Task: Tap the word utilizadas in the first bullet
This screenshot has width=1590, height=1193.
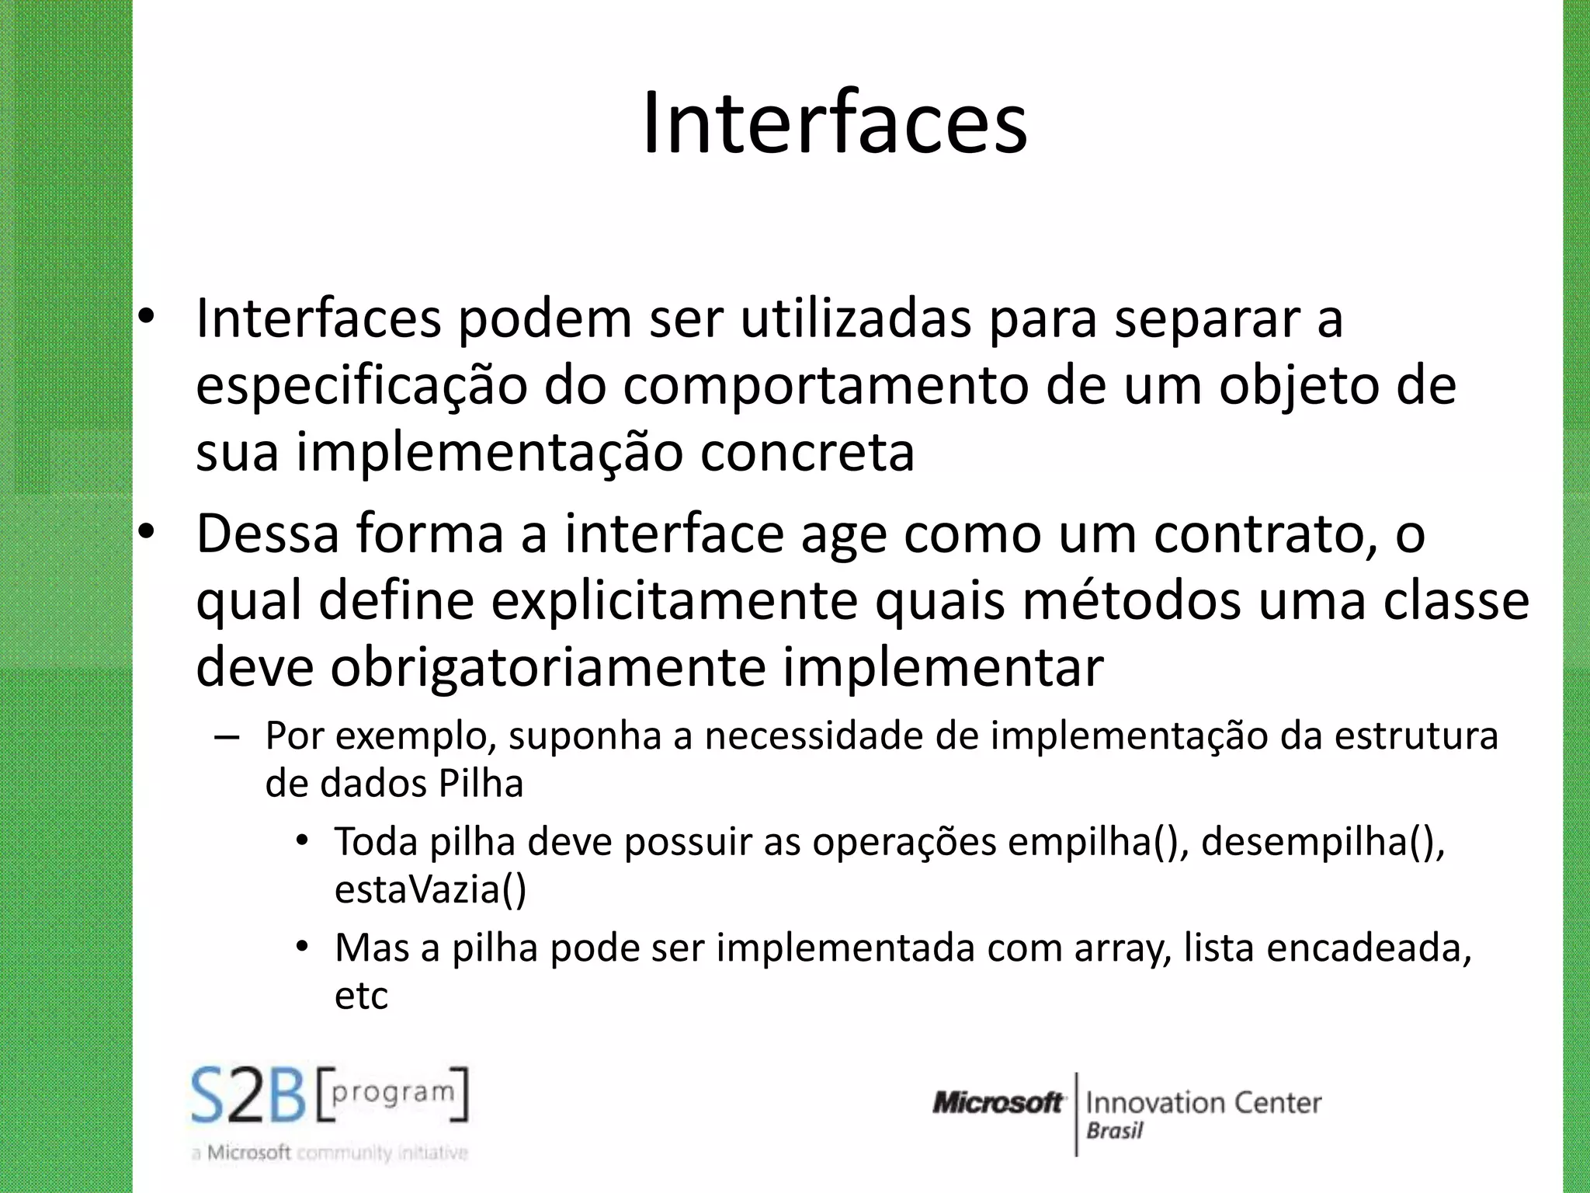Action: click(x=855, y=318)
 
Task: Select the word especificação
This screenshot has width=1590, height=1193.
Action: click(x=361, y=386)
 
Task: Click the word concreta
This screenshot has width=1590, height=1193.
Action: click(x=807, y=453)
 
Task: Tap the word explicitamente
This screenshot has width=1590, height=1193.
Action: click(x=674, y=601)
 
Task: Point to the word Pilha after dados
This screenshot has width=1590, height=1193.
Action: click(x=481, y=784)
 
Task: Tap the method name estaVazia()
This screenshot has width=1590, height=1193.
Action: click(x=430, y=889)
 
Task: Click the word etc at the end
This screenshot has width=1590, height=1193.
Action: click(x=361, y=996)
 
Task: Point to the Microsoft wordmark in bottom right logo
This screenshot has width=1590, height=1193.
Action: click(x=998, y=1103)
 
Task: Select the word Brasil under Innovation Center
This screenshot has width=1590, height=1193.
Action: click(x=1115, y=1131)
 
